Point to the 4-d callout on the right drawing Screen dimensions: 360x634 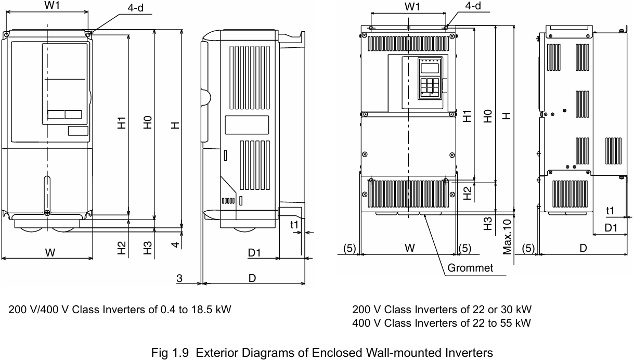click(x=473, y=6)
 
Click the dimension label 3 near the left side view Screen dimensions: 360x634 click(x=179, y=279)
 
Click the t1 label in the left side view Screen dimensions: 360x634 click(x=294, y=225)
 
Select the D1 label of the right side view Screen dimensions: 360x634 click(x=611, y=228)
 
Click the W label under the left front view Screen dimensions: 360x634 click(x=50, y=253)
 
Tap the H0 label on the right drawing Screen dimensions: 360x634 click(x=487, y=115)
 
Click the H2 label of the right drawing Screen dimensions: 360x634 click(x=469, y=194)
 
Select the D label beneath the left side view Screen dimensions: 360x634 click(x=252, y=278)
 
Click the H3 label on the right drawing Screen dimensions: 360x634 click(x=487, y=224)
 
